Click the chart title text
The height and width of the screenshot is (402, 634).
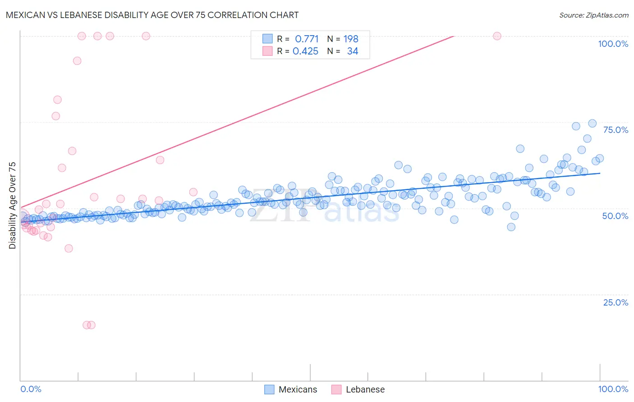tap(152, 15)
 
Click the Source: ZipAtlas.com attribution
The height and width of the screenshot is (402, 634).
tap(593, 15)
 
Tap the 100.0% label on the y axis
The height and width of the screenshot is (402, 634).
tap(613, 44)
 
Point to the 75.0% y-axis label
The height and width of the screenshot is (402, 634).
tap(615, 130)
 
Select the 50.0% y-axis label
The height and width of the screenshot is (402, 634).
tap(615, 216)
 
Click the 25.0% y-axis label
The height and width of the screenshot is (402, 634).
tap(615, 302)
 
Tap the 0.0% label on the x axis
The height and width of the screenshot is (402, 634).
tap(31, 389)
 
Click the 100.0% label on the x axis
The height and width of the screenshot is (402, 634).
tap(613, 389)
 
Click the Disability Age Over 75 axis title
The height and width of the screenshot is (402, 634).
tap(12, 205)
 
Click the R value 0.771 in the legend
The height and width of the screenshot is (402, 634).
tap(307, 39)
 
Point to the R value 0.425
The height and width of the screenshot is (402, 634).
tap(305, 51)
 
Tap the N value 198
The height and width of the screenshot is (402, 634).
tap(351, 39)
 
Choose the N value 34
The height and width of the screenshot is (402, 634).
tap(353, 51)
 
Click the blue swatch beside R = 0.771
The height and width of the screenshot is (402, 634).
tap(267, 39)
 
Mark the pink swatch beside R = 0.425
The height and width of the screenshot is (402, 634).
tap(267, 51)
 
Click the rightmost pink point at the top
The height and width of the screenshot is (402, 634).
tap(497, 36)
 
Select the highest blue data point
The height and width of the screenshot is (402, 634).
tap(592, 123)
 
